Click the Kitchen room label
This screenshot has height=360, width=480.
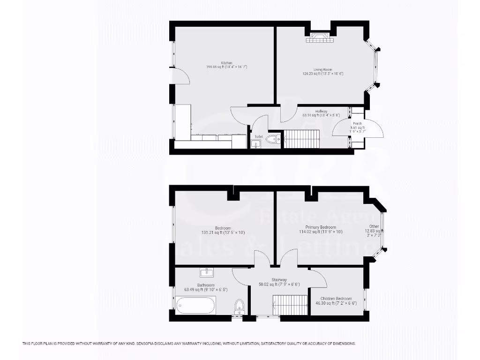(x=227, y=63)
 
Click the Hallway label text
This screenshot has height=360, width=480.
(x=321, y=111)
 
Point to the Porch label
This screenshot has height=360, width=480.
(x=357, y=124)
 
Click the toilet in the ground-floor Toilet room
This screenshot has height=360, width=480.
(x=273, y=139)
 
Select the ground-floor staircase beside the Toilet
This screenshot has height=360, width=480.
(x=301, y=139)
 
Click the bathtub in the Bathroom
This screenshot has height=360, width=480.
(x=196, y=305)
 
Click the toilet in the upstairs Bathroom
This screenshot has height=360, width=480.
(x=240, y=306)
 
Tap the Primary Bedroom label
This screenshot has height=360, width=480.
(x=321, y=227)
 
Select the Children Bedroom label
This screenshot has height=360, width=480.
(x=336, y=299)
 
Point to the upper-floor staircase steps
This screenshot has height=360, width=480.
(x=290, y=305)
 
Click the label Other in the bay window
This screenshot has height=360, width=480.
(x=374, y=226)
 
